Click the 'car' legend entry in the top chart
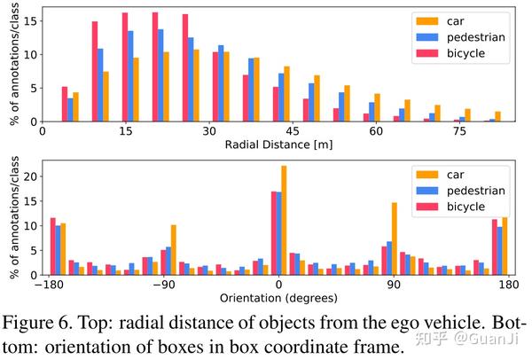465,20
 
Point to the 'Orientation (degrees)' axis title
278,300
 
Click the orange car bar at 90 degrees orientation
395,239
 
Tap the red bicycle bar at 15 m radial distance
125,67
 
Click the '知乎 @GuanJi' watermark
475,338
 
